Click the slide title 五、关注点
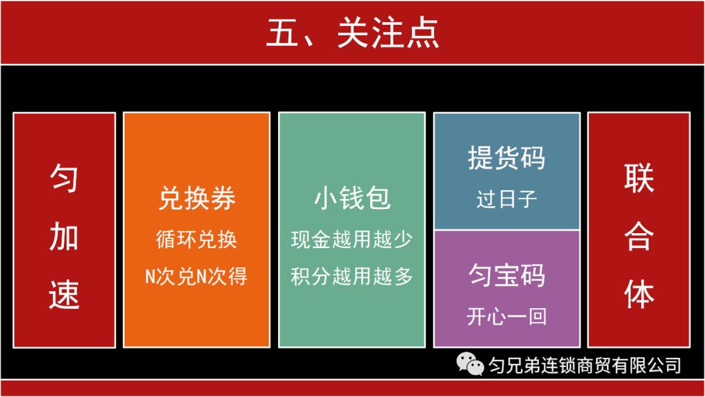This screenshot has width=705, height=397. click(352, 33)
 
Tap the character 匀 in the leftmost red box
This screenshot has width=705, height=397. click(64, 178)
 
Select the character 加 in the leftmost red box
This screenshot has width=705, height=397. click(64, 236)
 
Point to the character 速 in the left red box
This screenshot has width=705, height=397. click(64, 294)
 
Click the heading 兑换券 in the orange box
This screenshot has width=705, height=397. click(196, 198)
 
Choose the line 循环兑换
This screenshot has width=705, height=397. click(196, 240)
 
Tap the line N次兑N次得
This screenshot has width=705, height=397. click(196, 277)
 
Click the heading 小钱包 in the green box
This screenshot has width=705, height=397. click(352, 198)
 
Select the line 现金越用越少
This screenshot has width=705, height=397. click(352, 240)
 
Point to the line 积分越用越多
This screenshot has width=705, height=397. click(352, 277)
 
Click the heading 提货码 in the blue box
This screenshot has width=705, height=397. click(507, 159)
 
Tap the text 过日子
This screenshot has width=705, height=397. click(507, 199)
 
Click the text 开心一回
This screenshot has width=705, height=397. click(507, 317)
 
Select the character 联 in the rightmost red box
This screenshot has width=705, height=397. click(638, 178)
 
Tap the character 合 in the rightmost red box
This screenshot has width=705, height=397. click(638, 236)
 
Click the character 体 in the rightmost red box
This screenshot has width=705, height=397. click(638, 294)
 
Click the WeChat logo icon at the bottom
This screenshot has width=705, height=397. click(471, 364)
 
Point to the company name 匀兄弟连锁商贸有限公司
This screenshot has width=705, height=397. click(584, 364)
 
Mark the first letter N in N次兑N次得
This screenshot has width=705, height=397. click(151, 278)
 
